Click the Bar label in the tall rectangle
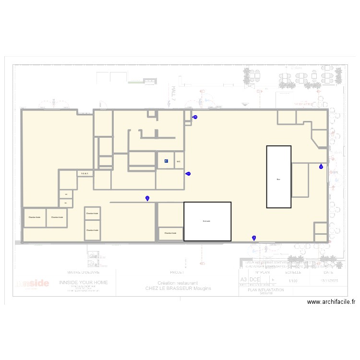click(x=278, y=179)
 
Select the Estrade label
click(x=207, y=221)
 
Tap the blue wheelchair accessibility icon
click(x=166, y=161)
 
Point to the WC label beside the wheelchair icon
click(x=178, y=161)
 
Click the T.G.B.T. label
click(x=84, y=173)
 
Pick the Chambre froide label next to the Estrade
click(x=170, y=233)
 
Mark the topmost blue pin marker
click(x=195, y=117)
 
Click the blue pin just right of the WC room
click(x=189, y=174)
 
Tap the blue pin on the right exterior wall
click(x=321, y=167)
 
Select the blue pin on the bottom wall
click(x=253, y=238)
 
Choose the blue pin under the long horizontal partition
click(x=147, y=198)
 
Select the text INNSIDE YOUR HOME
click(x=84, y=283)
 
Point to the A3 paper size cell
click(x=243, y=279)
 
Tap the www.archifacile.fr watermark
click(x=332, y=302)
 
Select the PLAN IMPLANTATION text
click(x=266, y=290)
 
